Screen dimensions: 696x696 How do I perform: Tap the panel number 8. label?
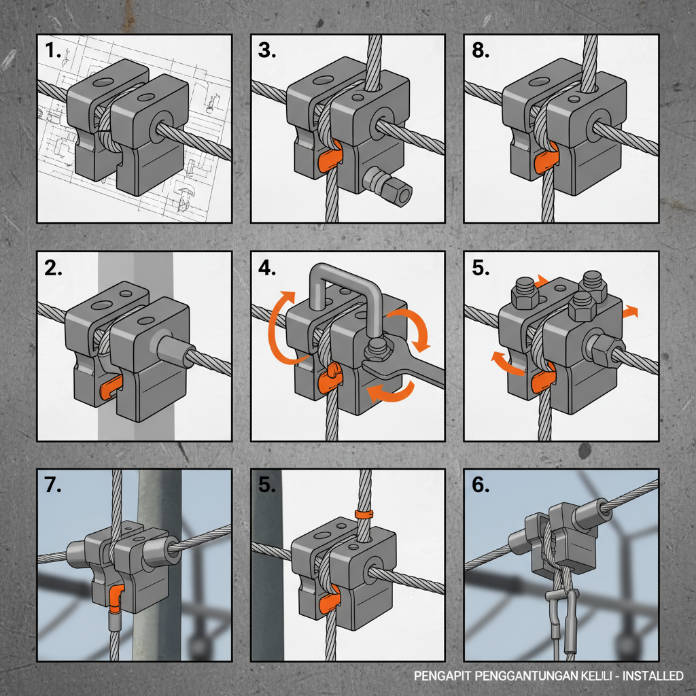coord(481,50)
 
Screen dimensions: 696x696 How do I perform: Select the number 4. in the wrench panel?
coord(267,268)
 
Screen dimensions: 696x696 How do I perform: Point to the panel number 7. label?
coord(54,485)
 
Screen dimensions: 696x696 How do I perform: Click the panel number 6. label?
coord(481,485)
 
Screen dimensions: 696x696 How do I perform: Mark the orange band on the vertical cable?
coord(364,514)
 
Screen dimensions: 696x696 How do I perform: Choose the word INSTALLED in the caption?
coord(653,676)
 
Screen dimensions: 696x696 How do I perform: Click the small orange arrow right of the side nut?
coord(631,311)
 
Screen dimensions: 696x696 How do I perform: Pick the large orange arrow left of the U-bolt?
coord(279,319)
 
